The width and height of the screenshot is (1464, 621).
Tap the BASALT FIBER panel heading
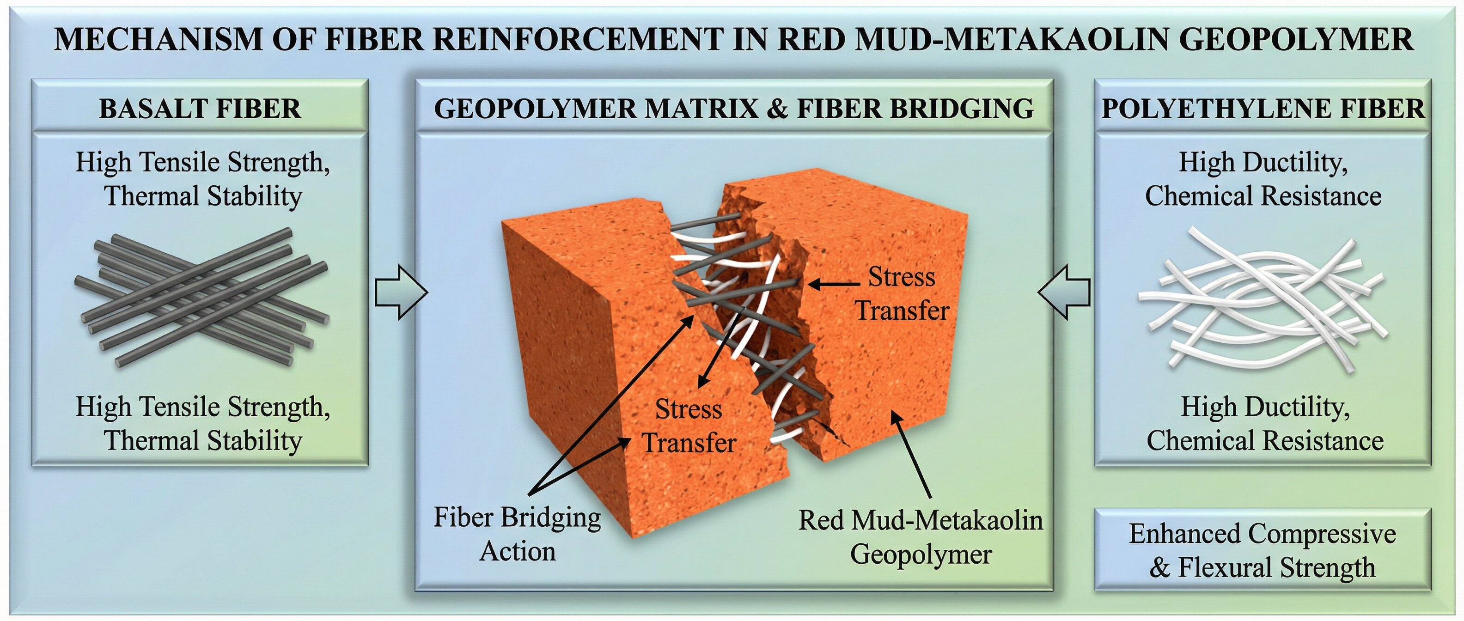click(200, 109)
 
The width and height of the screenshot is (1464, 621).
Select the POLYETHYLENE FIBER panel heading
click(1263, 109)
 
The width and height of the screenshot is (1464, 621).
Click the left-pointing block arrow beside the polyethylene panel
click(1064, 292)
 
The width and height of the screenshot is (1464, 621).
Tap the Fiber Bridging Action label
click(517, 534)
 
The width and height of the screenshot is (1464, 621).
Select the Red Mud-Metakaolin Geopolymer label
click(921, 537)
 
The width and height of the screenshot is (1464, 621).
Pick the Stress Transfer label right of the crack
click(902, 294)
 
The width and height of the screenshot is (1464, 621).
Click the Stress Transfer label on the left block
click(689, 426)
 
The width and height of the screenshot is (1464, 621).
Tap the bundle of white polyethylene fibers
click(1263, 298)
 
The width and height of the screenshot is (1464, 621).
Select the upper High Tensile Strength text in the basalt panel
click(203, 163)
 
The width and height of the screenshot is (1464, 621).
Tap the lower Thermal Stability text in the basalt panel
click(203, 441)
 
